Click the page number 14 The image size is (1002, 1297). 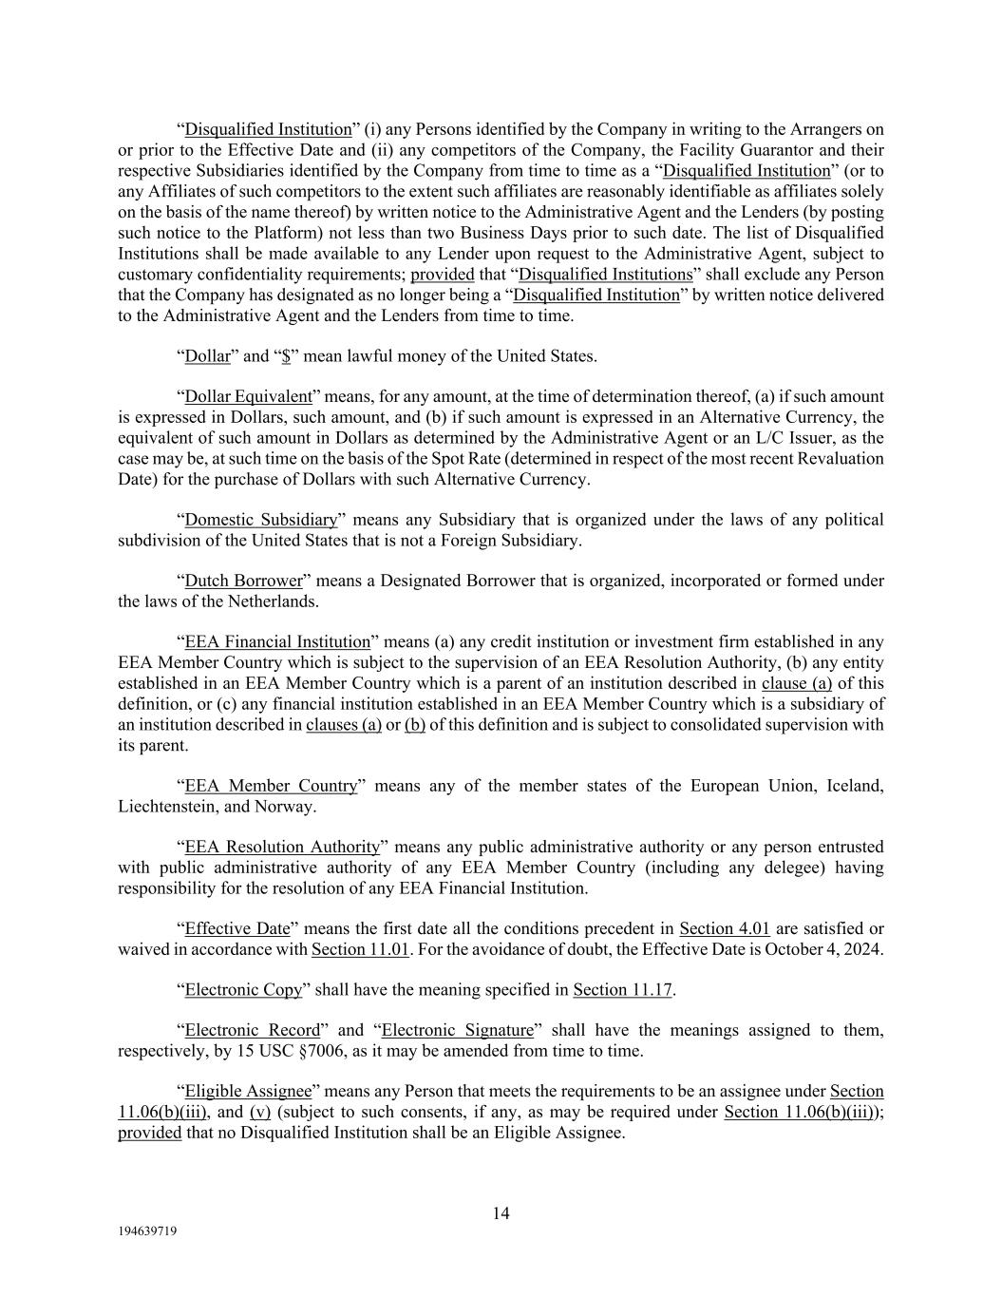501,1213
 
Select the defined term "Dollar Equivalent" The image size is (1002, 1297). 248,397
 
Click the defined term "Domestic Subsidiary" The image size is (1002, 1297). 260,520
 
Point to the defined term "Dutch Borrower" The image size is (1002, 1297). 243,581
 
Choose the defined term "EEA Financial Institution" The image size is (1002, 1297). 277,642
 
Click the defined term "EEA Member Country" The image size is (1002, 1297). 271,786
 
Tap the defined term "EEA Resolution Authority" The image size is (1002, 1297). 282,847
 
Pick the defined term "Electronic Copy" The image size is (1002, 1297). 243,989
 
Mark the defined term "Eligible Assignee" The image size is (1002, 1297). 248,1092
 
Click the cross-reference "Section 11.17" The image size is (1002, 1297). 622,989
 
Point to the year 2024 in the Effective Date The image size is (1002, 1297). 864,948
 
